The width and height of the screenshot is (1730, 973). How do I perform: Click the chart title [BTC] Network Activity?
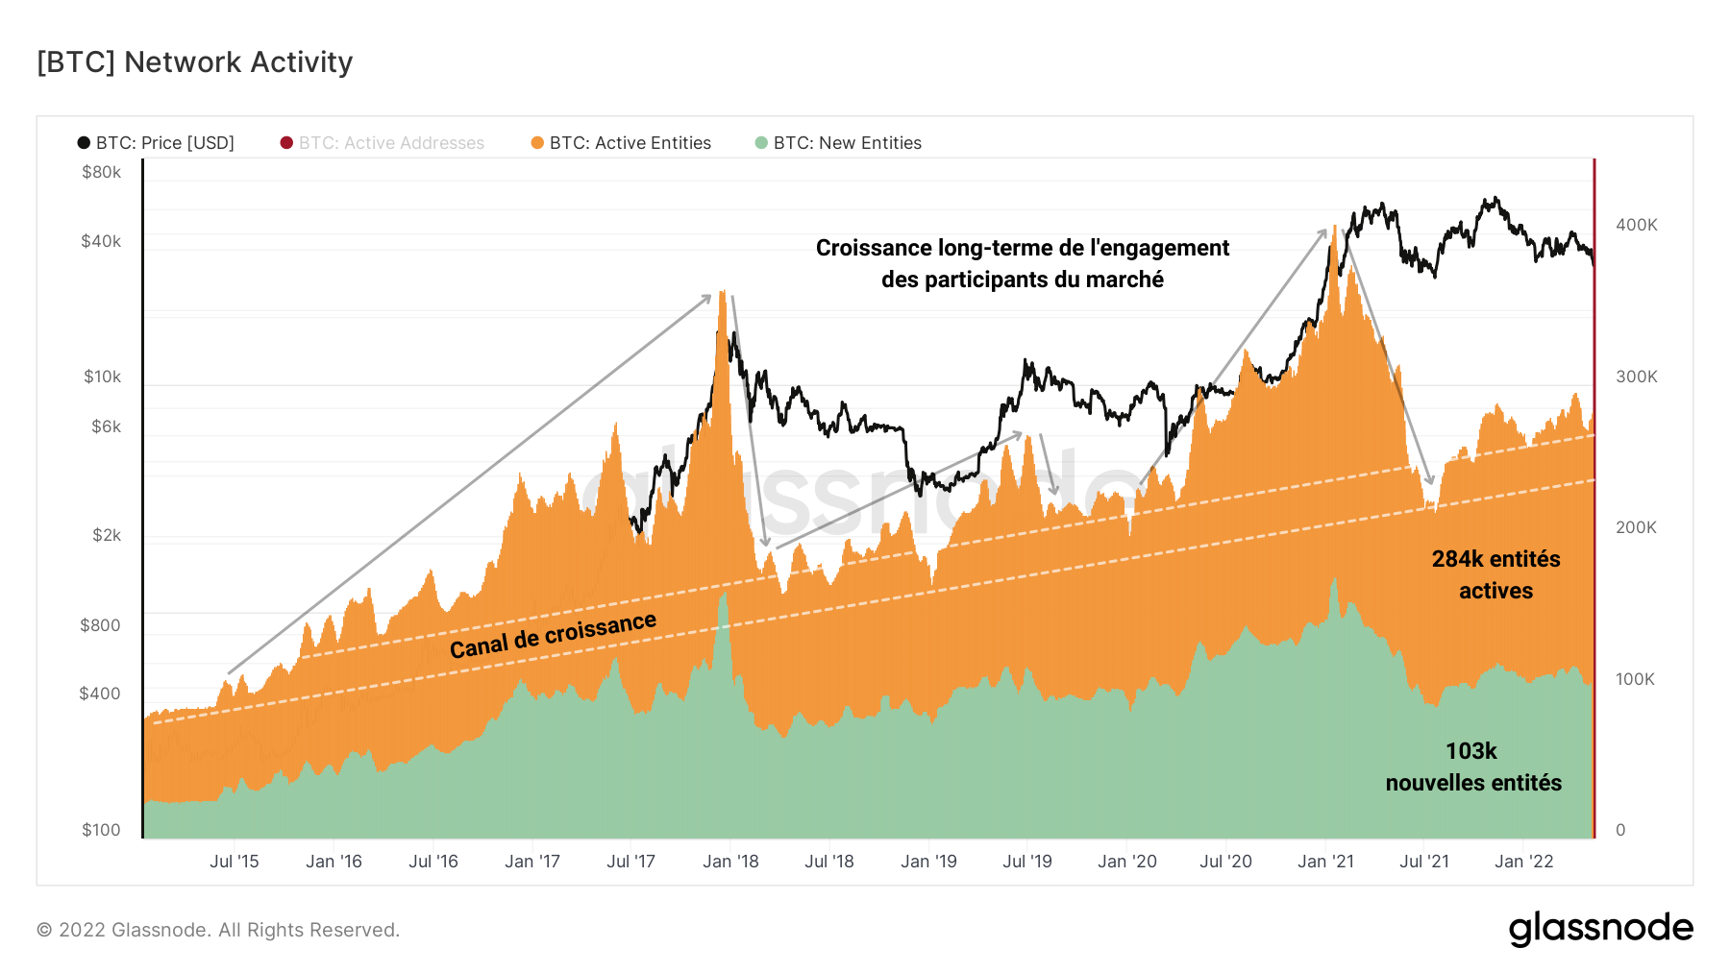coord(195,62)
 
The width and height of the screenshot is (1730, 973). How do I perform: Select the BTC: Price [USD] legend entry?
coord(156,143)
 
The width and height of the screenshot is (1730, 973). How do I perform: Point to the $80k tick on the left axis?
coord(101,173)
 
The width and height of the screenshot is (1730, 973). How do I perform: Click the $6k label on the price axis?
coord(106,426)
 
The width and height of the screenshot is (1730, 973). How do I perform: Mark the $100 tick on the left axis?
coord(101,830)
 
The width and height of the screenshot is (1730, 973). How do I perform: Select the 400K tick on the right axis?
coord(1636,225)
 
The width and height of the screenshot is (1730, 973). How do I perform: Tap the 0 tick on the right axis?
coord(1620,830)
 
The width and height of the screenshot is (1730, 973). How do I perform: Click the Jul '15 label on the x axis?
coord(235,862)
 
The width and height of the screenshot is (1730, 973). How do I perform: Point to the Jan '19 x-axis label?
coord(928,862)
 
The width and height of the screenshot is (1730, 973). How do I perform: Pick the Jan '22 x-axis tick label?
coord(1523,862)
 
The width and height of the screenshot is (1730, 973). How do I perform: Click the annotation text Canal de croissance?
coord(553,635)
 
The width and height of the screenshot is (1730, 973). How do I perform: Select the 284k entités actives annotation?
coord(1495,574)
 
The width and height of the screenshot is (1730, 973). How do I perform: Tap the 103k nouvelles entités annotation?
coord(1472,766)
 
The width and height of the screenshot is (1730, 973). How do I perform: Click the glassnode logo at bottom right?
coord(1600,929)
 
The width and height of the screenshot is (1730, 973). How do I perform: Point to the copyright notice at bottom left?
coord(218,930)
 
